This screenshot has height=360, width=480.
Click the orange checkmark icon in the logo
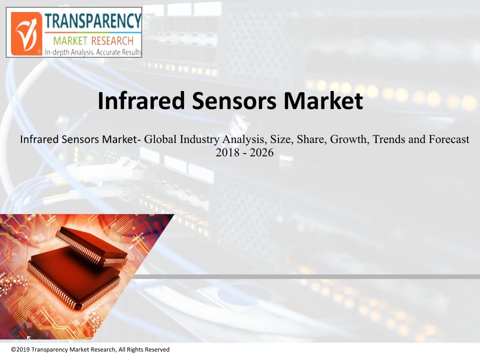click(x=26, y=33)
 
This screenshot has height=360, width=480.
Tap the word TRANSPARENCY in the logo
click(x=93, y=21)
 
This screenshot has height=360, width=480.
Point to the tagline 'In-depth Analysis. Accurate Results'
click(x=93, y=52)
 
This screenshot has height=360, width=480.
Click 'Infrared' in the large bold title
click(x=141, y=100)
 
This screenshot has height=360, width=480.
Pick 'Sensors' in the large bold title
click(x=234, y=101)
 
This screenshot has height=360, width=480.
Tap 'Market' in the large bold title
click(x=323, y=100)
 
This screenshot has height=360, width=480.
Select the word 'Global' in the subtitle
click(x=160, y=139)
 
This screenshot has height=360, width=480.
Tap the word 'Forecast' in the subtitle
click(x=449, y=139)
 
